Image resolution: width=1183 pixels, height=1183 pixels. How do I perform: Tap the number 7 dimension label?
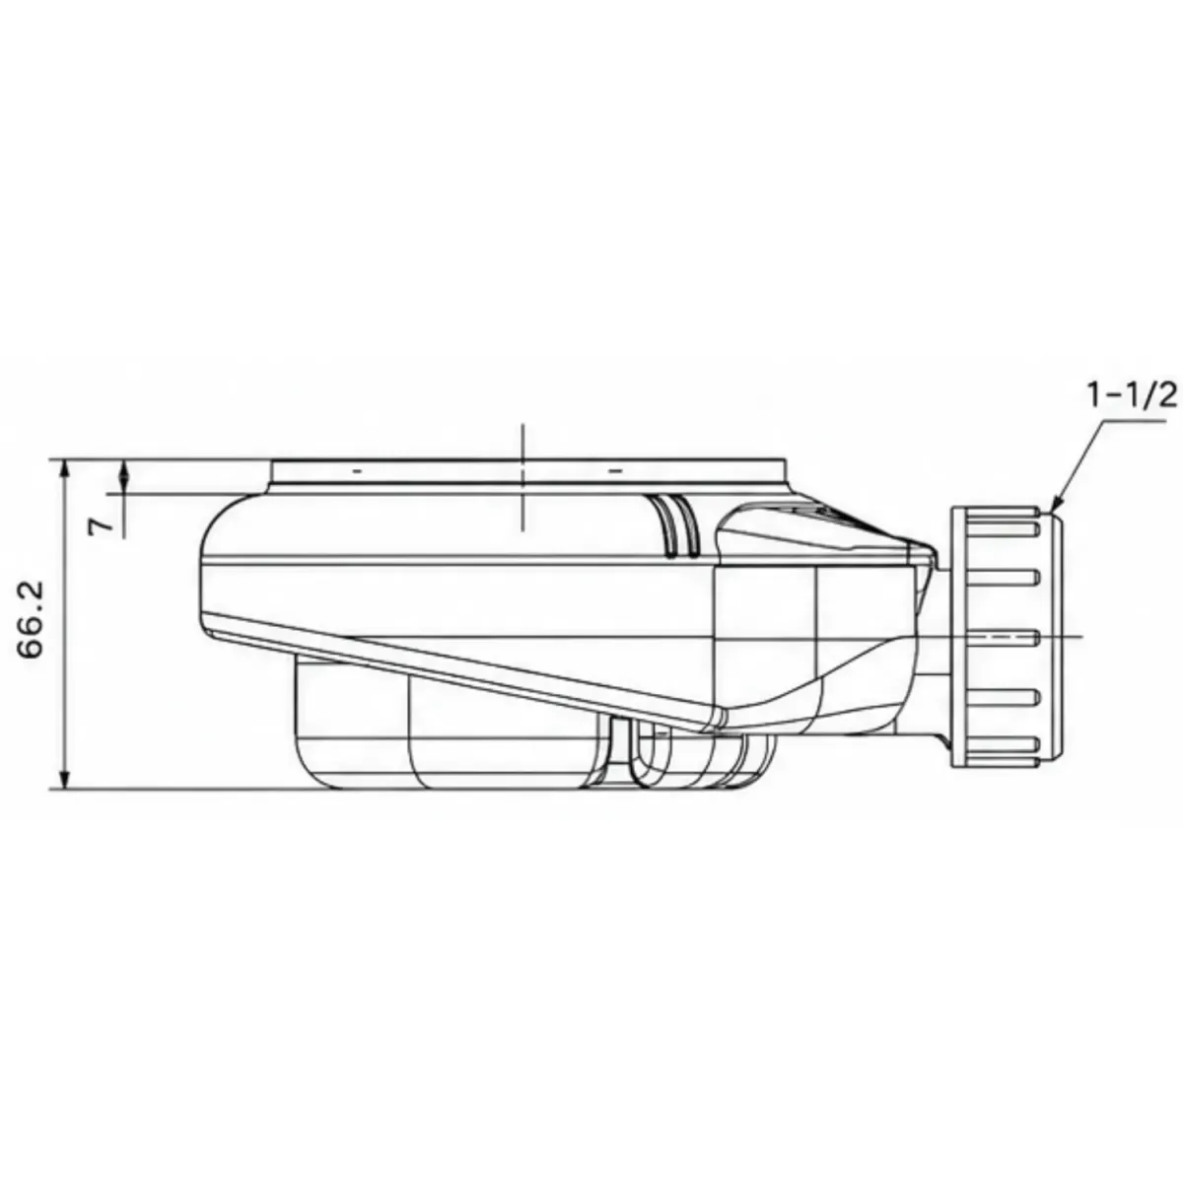(101, 525)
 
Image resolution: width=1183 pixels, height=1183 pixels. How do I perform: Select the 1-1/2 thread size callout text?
(1132, 396)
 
